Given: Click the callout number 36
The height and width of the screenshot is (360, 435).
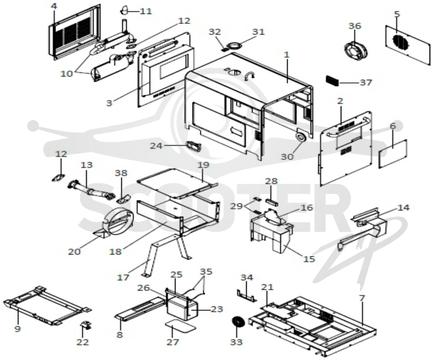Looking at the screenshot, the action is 355,26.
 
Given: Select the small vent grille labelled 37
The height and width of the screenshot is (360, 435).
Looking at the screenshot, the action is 332,80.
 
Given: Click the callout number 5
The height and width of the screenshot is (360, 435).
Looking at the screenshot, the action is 397,14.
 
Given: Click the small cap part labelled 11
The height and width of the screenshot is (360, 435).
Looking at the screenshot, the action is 125,10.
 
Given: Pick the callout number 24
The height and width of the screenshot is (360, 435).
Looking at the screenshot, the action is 156,146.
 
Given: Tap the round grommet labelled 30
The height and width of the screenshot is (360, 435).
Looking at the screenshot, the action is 301,137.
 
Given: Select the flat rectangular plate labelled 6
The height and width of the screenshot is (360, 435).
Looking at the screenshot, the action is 393,154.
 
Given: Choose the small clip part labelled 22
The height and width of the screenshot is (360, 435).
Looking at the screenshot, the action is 86,325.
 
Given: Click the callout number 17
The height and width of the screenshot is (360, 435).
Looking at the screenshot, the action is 123,277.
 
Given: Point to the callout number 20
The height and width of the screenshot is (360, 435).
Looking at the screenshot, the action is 74,252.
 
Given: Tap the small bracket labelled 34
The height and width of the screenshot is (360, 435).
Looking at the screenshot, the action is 247,296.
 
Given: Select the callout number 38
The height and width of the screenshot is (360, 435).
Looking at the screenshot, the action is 121,173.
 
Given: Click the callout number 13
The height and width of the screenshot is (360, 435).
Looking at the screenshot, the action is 86,165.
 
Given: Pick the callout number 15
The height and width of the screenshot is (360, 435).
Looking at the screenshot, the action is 309,258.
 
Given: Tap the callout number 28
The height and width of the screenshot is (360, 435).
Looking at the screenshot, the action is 271,181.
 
